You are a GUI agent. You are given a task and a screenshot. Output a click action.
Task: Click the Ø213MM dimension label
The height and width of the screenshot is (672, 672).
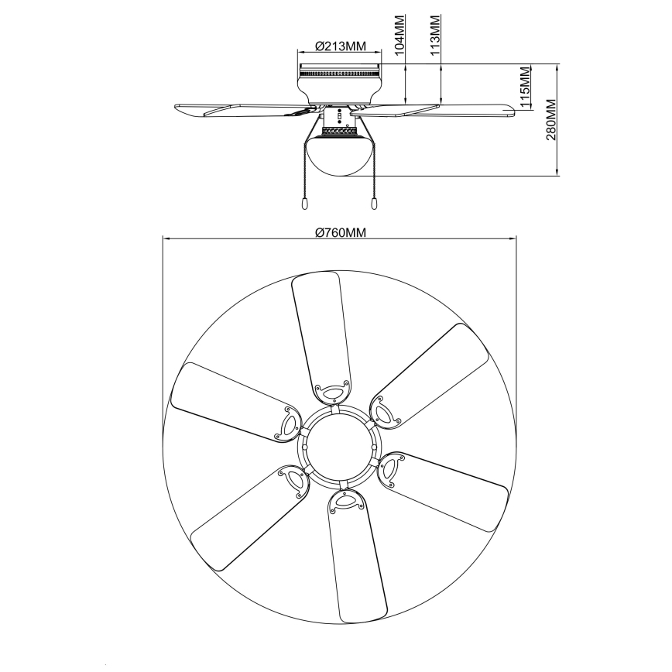341,46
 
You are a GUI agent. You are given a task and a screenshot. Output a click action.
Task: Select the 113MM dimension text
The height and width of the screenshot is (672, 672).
435,33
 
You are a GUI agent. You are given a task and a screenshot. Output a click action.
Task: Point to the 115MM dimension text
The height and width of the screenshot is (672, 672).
525,87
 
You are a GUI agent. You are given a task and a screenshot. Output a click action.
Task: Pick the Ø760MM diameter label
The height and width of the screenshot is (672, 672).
340,232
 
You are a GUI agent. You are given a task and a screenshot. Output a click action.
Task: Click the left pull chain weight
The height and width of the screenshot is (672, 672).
305,203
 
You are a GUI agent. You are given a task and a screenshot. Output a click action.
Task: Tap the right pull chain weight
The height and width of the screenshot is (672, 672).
374,203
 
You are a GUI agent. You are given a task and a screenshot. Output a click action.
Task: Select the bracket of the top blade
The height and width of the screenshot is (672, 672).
330,393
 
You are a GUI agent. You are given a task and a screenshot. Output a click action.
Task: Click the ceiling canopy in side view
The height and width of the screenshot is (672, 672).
339,81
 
